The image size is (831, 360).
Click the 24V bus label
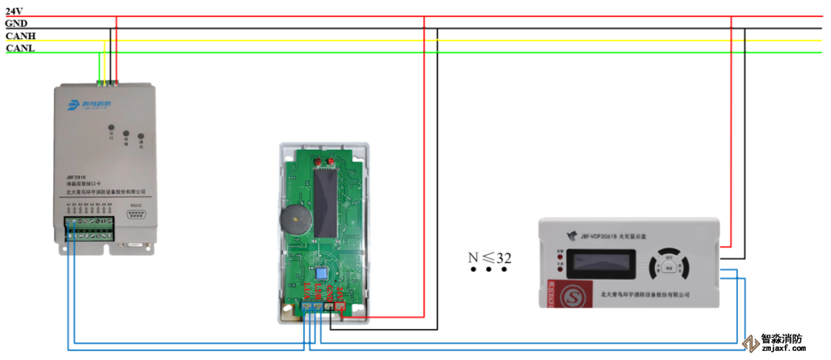coord(14,11)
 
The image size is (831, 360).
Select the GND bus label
coord(16,23)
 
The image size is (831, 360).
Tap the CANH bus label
coord(20,36)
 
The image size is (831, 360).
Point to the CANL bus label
coord(20,48)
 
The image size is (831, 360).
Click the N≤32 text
coord(490,258)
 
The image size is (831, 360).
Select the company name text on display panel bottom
coord(645,294)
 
